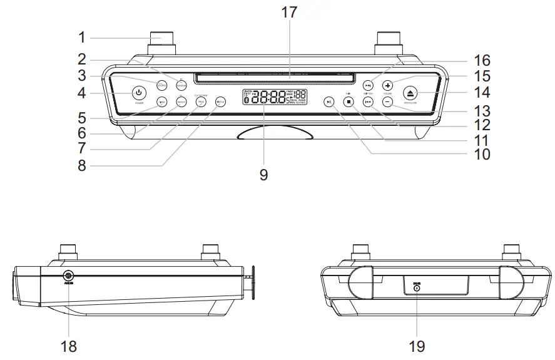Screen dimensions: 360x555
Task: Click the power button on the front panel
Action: tap(139, 93)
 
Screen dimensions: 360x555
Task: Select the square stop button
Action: tap(349, 101)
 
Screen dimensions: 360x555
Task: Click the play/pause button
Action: tap(329, 101)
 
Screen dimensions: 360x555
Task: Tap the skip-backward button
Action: tap(369, 101)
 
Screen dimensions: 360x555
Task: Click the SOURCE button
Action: tap(161, 83)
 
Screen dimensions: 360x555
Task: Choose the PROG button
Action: tap(201, 101)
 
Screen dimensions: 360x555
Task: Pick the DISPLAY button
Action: tap(220, 101)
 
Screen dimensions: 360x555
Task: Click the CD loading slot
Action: tap(275, 79)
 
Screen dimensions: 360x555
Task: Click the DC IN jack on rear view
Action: tap(417, 289)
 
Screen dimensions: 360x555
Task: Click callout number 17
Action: tap(290, 12)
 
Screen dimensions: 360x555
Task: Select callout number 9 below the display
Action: tap(263, 175)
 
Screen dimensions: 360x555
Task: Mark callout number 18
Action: tap(69, 345)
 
